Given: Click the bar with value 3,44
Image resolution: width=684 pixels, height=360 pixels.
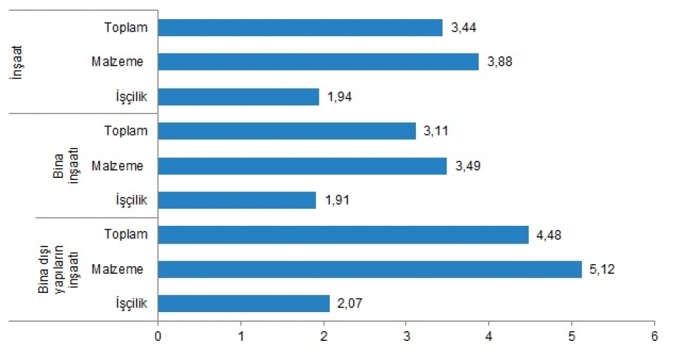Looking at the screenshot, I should pos(300,27).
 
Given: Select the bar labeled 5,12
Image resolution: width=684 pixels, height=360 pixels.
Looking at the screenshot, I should pos(369,269).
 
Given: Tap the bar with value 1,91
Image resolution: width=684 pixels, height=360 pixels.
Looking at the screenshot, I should pos(237,200).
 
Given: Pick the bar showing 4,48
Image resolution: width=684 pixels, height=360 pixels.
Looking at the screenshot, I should pos(343,235).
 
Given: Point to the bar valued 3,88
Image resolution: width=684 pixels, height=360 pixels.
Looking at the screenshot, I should pos(318,62).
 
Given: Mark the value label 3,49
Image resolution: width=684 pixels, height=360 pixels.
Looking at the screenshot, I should pos(468,166).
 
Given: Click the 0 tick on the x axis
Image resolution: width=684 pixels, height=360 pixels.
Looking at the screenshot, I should pos(158,336).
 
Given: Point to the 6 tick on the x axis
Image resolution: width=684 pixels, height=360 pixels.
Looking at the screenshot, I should pos(655,336).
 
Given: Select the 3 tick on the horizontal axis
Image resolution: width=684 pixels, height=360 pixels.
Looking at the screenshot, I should pos(406,336).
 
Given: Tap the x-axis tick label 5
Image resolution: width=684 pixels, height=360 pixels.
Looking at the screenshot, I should pos(572,336).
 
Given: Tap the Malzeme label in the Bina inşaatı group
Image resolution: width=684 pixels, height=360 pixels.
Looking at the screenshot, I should pos(118,166).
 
